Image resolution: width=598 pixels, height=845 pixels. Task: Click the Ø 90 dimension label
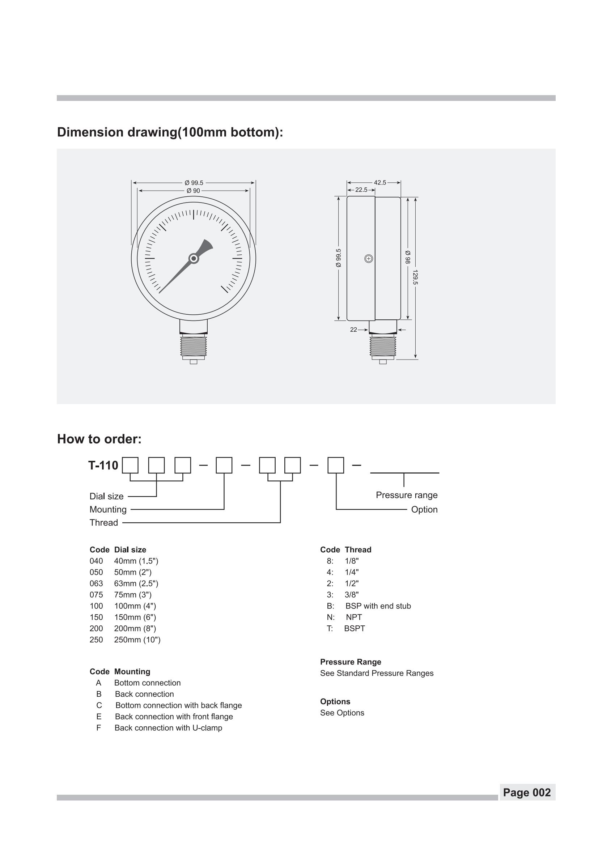point(193,191)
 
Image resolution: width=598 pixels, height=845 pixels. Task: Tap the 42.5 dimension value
point(379,183)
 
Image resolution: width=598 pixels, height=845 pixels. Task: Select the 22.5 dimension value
point(361,190)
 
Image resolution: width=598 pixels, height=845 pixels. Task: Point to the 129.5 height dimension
point(415,277)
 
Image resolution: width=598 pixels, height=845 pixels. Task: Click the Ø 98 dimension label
point(408,257)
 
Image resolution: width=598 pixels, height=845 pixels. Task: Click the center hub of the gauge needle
point(194,259)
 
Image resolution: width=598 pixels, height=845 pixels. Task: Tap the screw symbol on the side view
point(369,259)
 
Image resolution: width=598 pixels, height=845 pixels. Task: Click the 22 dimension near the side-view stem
point(353,330)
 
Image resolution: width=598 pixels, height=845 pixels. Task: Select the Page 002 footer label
point(527,792)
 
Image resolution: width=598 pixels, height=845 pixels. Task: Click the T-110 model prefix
point(103,466)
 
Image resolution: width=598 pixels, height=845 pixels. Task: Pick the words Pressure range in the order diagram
point(407,495)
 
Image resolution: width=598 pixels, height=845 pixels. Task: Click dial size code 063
point(96,583)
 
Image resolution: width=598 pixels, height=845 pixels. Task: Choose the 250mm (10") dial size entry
point(137,640)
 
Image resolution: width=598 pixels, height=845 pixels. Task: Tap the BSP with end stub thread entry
point(378,606)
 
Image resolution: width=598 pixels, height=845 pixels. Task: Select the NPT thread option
point(354,617)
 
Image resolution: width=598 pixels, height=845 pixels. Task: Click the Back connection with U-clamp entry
point(168,728)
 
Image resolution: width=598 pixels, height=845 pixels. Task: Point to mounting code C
point(99,705)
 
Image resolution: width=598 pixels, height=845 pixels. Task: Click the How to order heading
point(99,439)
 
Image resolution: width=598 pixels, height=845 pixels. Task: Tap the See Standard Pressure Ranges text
point(377,674)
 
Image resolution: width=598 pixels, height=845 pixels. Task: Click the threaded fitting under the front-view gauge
point(194,346)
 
